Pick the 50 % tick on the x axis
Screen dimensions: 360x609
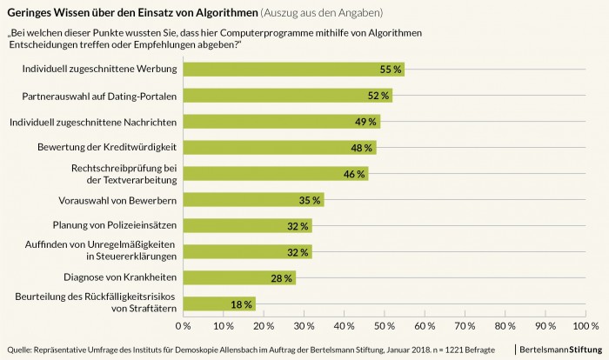pos(385,326)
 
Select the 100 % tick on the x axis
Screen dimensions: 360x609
pos(584,326)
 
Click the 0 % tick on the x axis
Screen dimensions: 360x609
pos(184,326)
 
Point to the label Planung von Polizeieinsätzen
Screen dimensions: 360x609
pos(116,225)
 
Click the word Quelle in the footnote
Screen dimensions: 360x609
pos(20,350)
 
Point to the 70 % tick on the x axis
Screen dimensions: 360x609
pos(465,326)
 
